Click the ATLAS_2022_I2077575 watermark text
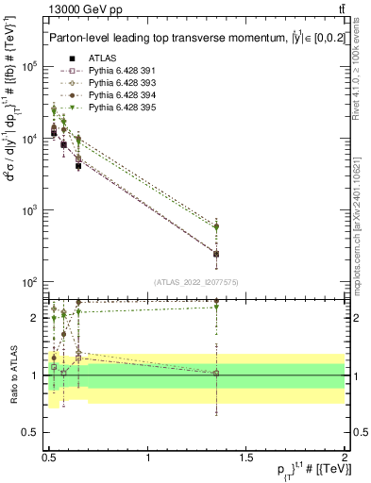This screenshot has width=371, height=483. coord(197,282)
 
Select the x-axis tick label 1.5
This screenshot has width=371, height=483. coord(246,458)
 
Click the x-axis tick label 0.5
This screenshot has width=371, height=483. coord(49,458)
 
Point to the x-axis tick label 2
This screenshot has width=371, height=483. coord(345,458)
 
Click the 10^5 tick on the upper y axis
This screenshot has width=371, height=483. coord(30,67)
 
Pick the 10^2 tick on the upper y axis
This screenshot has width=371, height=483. coord(30,282)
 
